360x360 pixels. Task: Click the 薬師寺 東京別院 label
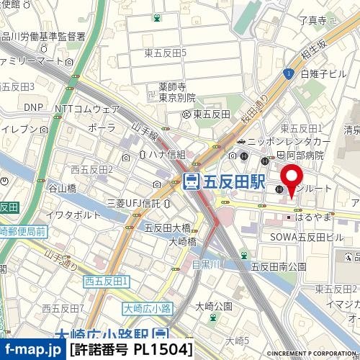tap(177, 93)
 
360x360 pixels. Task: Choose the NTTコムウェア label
tap(87, 109)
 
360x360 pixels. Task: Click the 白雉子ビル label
tap(325, 73)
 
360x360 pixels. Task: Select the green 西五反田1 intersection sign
tap(106, 280)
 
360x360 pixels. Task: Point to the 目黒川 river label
tap(206, 264)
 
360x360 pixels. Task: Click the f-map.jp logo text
tap(32, 350)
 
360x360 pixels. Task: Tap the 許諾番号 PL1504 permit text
tap(132, 350)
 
